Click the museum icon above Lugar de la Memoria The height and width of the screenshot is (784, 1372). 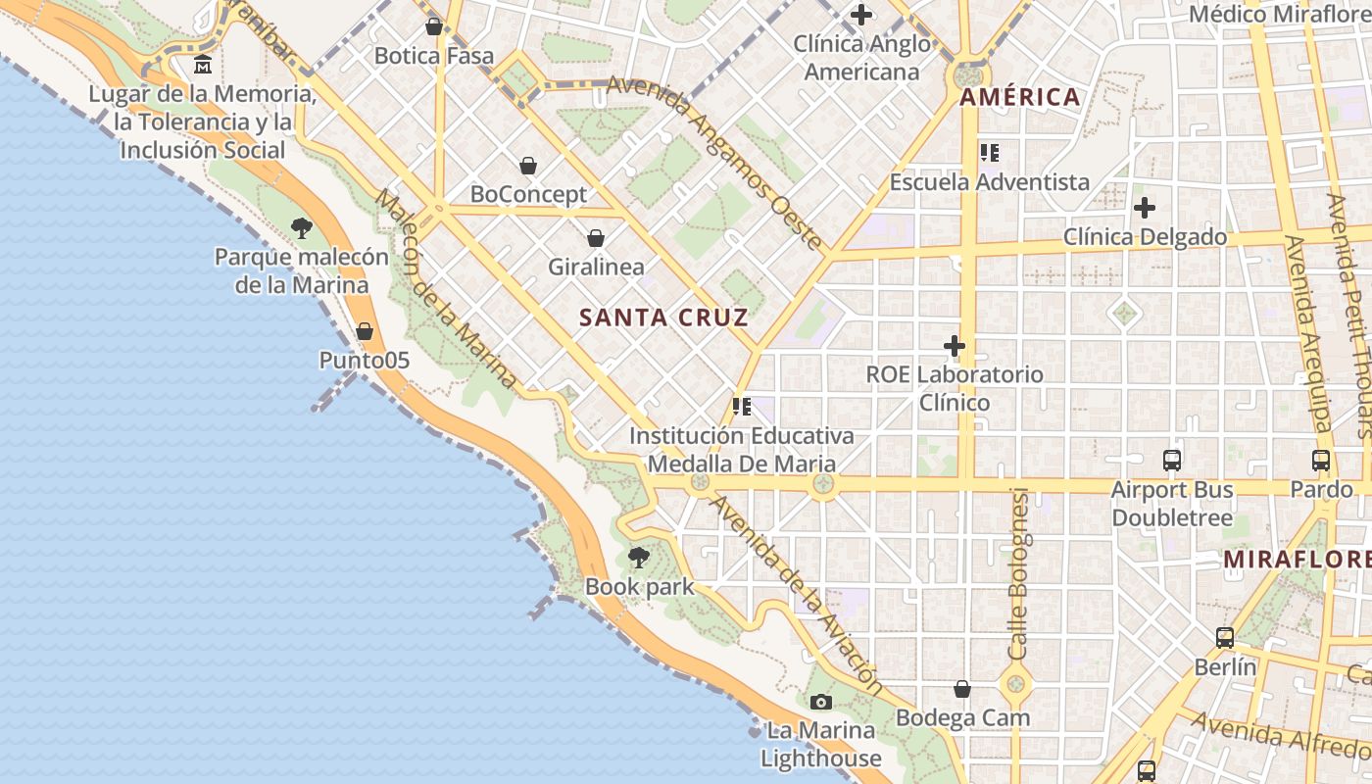coord(203,66)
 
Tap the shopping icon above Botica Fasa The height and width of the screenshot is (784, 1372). coord(434,26)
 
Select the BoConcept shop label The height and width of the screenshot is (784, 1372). coord(528,194)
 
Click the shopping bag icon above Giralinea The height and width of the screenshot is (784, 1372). coord(595,238)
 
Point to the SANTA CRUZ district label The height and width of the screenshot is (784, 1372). coord(663,318)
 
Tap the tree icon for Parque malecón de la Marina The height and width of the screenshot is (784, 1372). coord(302,228)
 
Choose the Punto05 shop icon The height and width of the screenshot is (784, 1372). coord(365,331)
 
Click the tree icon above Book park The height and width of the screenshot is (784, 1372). coord(638,558)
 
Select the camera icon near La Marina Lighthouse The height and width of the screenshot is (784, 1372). coord(821,702)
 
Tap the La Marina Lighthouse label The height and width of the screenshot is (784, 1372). coord(821,745)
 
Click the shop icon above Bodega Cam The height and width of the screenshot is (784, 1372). coord(962,689)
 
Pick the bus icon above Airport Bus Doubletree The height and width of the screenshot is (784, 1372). coord(1172,460)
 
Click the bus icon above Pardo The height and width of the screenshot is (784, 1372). coord(1321,460)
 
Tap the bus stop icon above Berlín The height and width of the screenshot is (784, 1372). coord(1225,638)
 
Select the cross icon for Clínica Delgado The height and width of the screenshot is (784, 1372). coord(1144,208)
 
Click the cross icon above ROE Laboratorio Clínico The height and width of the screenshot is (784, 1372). coord(954,346)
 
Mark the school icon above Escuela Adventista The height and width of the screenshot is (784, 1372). coord(989,153)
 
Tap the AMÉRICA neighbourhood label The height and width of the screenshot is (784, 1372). coord(1019,97)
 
